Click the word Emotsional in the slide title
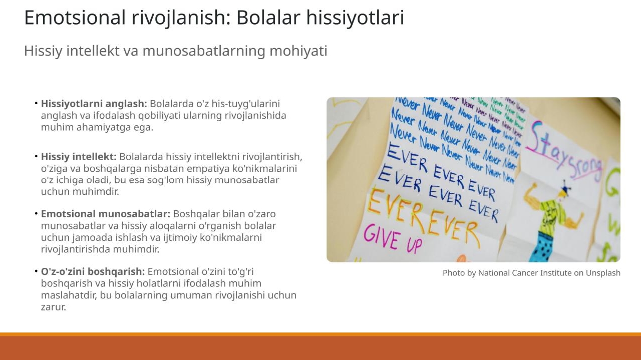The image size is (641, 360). [x=75, y=18]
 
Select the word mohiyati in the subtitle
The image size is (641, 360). [x=298, y=52]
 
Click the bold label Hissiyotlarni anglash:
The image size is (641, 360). [x=94, y=104]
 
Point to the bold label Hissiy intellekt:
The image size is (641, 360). [x=79, y=157]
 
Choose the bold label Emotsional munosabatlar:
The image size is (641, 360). [x=106, y=214]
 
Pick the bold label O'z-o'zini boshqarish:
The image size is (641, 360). [x=93, y=271]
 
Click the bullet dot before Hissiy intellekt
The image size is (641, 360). [x=37, y=156]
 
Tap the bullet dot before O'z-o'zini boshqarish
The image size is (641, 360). [x=37, y=271]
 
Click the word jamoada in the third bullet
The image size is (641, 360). [x=93, y=237]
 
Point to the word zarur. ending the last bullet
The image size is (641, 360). [x=54, y=307]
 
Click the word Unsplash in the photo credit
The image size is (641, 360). [x=603, y=273]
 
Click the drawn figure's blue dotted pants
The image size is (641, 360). [x=543, y=247]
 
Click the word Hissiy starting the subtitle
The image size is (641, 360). [x=43, y=52]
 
